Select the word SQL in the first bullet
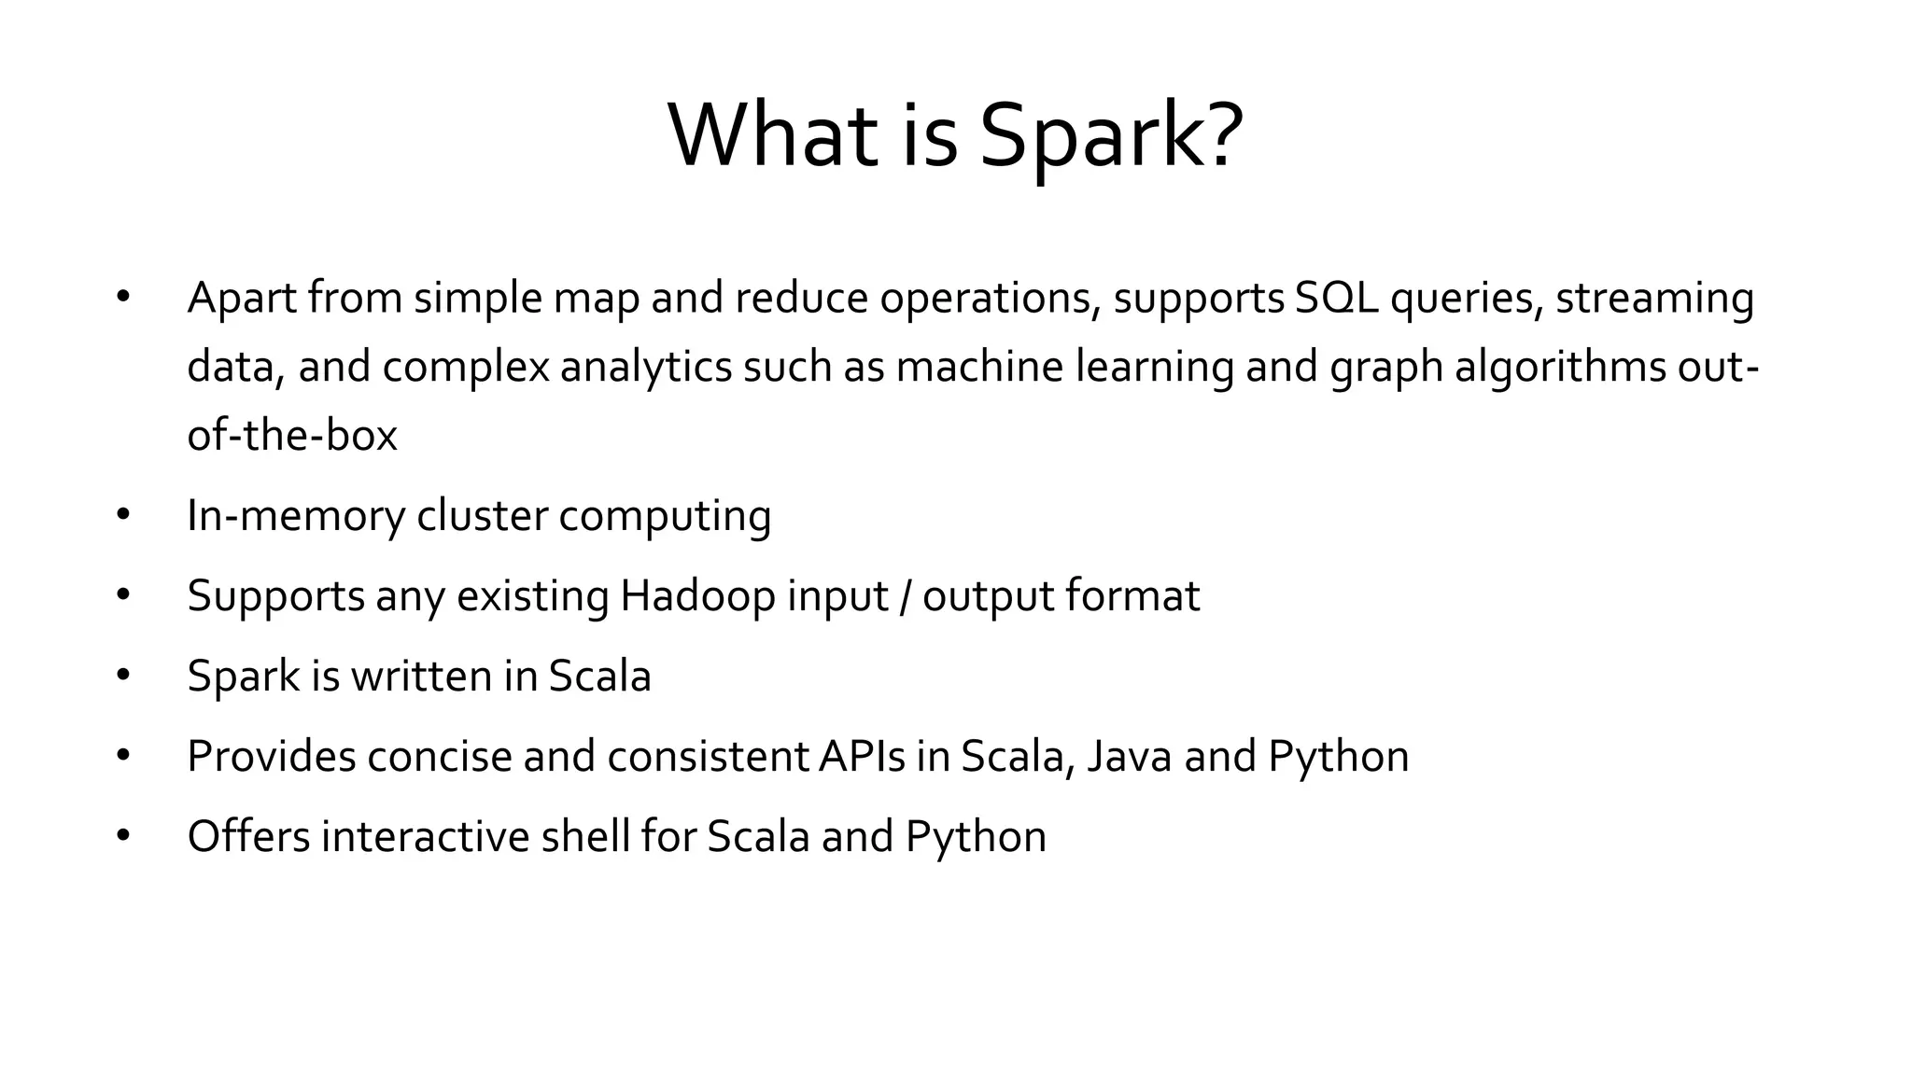pos(1336,299)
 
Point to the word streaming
pos(1654,299)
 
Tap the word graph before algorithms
pos(1386,367)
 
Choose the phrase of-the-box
pos(292,436)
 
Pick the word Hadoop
pos(697,596)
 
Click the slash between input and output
pos(905,596)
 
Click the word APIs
pos(862,757)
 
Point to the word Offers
pos(248,837)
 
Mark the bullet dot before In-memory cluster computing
pos(123,514)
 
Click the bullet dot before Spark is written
pos(123,675)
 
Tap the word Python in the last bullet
pos(976,837)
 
